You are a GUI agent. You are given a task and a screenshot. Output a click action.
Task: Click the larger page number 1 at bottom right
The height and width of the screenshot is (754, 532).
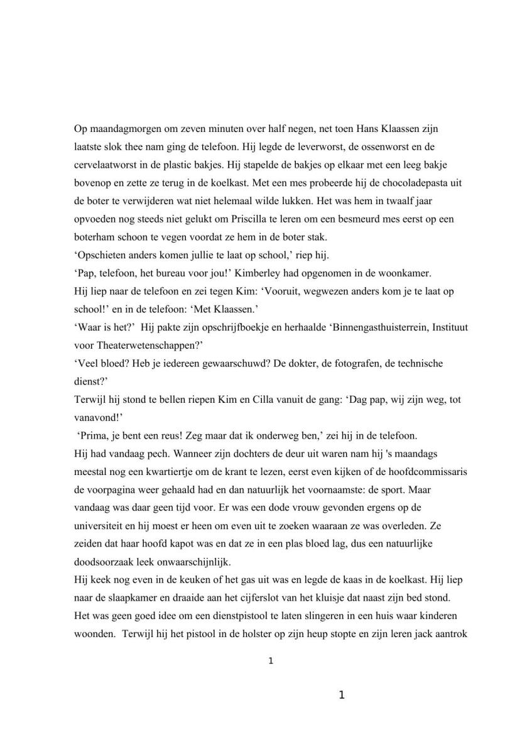[341, 695]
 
